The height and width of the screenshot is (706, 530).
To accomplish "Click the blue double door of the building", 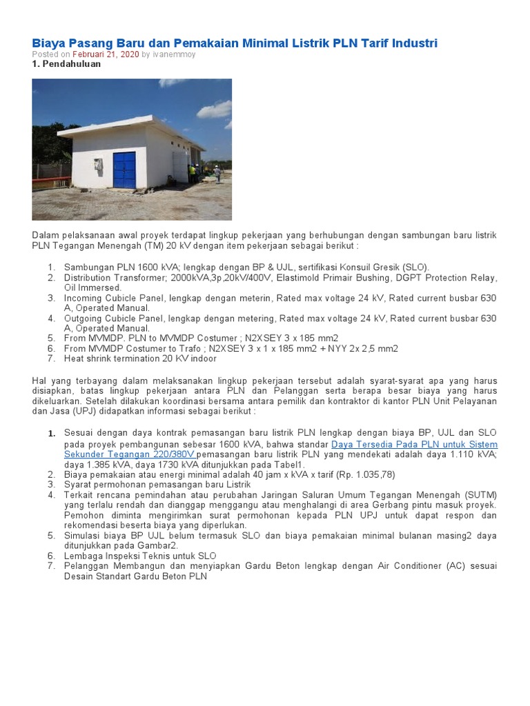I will point(125,170).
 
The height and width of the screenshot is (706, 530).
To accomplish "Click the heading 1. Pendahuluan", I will point(66,64).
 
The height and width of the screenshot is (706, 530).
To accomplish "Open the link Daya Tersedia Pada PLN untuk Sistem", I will point(414,445).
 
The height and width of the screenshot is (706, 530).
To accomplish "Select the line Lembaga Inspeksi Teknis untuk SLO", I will point(140,556).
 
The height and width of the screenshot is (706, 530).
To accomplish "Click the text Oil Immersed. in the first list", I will point(92,288).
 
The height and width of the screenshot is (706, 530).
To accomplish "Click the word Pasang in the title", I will point(86,43).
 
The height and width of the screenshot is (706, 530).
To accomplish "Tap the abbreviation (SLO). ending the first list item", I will point(413,268).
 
